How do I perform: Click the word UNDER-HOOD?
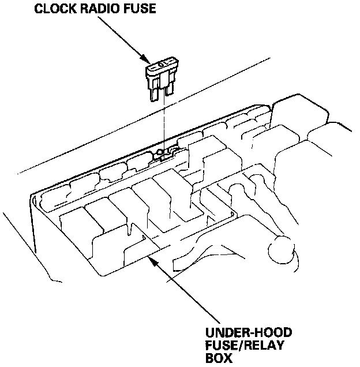pos(249,334)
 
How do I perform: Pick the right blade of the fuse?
pos(168,89)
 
